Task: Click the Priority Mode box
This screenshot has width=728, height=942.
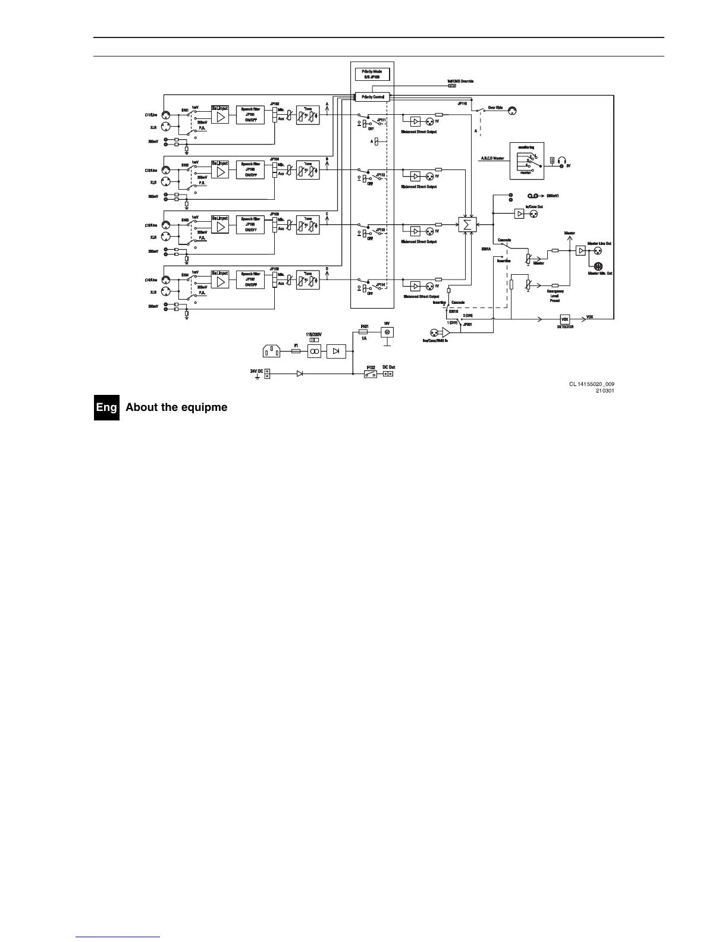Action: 372,74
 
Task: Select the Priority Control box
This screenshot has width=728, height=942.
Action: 372,97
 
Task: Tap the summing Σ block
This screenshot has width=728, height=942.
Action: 467,225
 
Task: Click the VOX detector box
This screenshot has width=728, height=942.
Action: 565,319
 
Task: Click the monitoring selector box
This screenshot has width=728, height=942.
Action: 526,161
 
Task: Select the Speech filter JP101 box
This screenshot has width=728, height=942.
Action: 250,114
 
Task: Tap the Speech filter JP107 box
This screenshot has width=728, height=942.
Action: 250,280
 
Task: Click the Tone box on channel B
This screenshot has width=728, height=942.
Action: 307,169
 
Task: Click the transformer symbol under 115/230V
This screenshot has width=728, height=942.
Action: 314,351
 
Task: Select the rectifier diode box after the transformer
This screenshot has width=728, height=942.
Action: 336,351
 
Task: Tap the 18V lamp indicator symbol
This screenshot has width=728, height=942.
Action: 387,332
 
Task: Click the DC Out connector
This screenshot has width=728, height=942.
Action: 388,374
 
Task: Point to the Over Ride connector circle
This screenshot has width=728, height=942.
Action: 512,111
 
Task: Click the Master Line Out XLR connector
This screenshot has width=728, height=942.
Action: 598,251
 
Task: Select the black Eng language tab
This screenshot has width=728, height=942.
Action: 106,408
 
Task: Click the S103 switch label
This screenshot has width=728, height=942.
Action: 185,220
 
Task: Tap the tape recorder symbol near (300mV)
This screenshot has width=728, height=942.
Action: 533,196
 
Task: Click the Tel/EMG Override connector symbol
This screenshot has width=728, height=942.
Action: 452,86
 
